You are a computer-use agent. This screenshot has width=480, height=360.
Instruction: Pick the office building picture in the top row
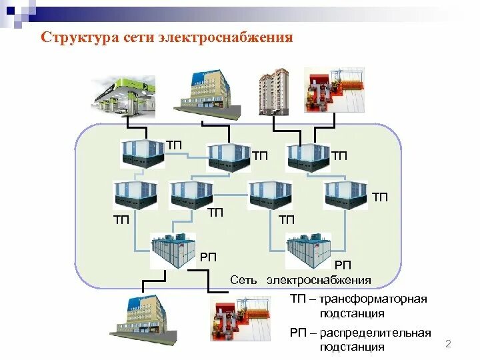coord(203,91)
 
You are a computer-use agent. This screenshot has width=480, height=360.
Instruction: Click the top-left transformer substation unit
coord(143,154)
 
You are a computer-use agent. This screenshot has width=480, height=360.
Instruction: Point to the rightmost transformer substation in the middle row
coord(345,194)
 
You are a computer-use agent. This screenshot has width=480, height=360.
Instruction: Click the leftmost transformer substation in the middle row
coord(135,194)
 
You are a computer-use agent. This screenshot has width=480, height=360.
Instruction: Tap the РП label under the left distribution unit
coord(207,257)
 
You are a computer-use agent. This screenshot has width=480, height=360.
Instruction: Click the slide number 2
coord(448,344)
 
